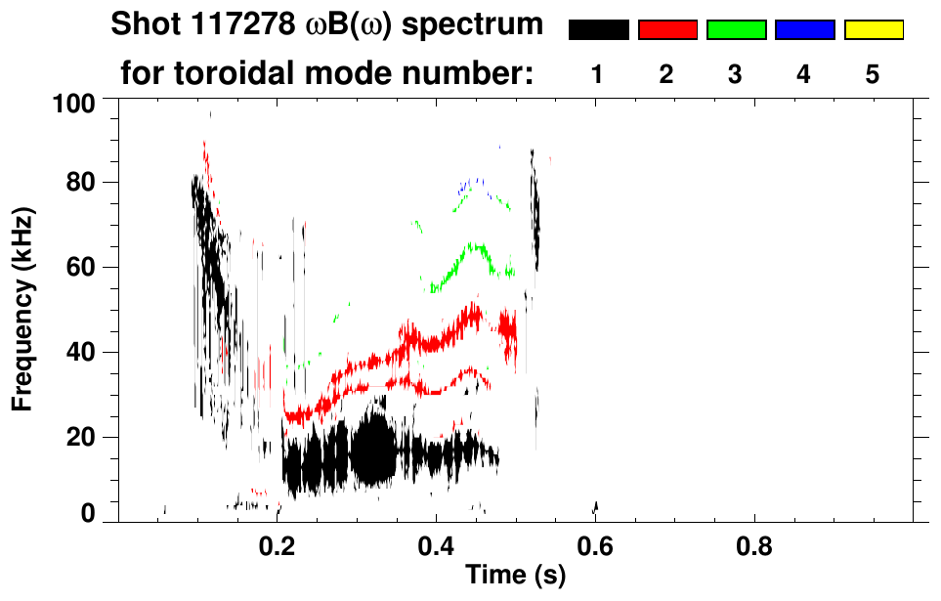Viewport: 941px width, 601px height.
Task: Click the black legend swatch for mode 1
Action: click(x=598, y=30)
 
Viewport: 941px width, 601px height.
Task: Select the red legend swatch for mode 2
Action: click(x=667, y=30)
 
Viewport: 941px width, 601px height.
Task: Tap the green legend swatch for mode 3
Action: click(x=736, y=30)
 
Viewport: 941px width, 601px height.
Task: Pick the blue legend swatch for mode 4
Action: click(x=804, y=30)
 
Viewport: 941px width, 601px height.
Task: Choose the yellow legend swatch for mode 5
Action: click(x=873, y=30)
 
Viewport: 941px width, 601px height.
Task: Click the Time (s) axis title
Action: click(x=515, y=577)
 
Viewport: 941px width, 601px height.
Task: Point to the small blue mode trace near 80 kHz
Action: click(x=472, y=183)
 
